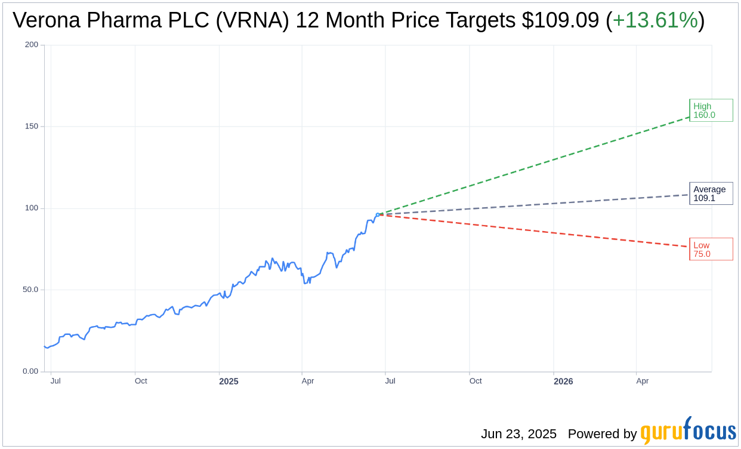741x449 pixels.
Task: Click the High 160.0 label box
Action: click(711, 110)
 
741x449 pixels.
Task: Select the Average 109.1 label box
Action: click(711, 193)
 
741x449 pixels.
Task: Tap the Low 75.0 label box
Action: click(711, 249)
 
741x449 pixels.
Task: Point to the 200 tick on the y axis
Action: click(32, 45)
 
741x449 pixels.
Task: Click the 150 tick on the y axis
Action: click(32, 127)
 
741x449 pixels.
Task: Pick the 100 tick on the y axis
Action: click(32, 208)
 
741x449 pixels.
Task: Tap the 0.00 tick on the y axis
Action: click(30, 371)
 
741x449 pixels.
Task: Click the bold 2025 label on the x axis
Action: click(229, 381)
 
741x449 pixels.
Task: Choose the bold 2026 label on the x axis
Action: click(563, 381)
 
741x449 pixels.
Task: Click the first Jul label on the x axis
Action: click(55, 381)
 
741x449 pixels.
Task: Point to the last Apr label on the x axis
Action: click(642, 381)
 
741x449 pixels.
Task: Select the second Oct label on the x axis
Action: click(476, 381)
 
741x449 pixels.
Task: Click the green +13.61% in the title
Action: click(655, 20)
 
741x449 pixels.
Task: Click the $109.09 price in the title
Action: click(560, 20)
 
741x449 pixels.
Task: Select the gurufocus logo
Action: click(688, 431)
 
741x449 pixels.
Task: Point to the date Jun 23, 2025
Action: click(518, 434)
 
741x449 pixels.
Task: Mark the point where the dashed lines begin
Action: click(378, 214)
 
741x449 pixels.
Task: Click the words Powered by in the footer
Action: click(602, 434)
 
